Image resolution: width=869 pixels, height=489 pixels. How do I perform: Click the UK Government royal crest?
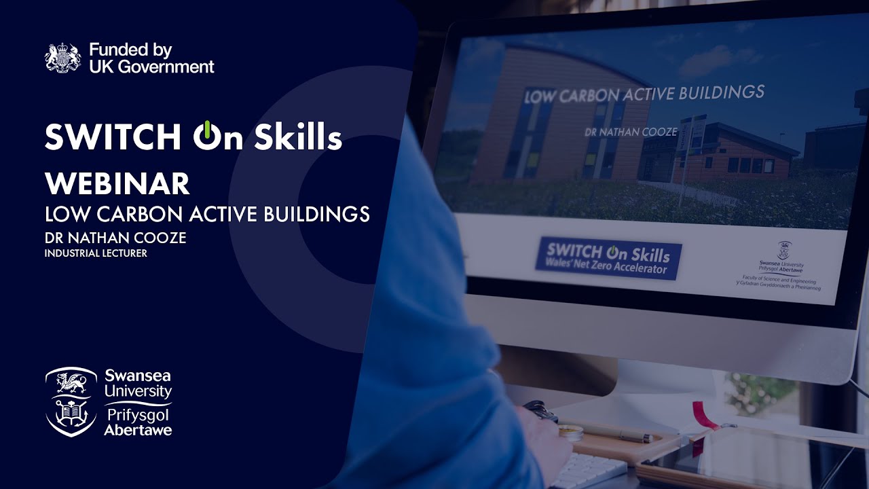point(62,58)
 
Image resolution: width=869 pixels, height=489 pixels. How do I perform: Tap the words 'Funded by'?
point(130,50)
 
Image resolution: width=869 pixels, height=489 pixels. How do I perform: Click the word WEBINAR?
point(117,183)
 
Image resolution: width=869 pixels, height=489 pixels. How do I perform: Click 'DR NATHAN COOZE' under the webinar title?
point(115,238)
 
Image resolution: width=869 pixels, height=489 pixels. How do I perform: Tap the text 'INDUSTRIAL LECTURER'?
point(96,253)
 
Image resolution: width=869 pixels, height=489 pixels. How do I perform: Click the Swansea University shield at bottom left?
point(71,401)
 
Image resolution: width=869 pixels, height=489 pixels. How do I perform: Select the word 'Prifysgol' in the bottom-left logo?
point(138,414)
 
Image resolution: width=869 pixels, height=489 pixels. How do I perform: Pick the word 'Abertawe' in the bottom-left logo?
point(138,429)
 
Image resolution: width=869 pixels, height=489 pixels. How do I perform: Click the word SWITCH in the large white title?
point(113,137)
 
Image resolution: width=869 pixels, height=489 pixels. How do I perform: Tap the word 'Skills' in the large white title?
point(299,137)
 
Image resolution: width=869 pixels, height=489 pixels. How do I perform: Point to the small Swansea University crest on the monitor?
point(783,249)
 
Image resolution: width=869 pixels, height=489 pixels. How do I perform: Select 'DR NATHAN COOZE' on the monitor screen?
point(631,132)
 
